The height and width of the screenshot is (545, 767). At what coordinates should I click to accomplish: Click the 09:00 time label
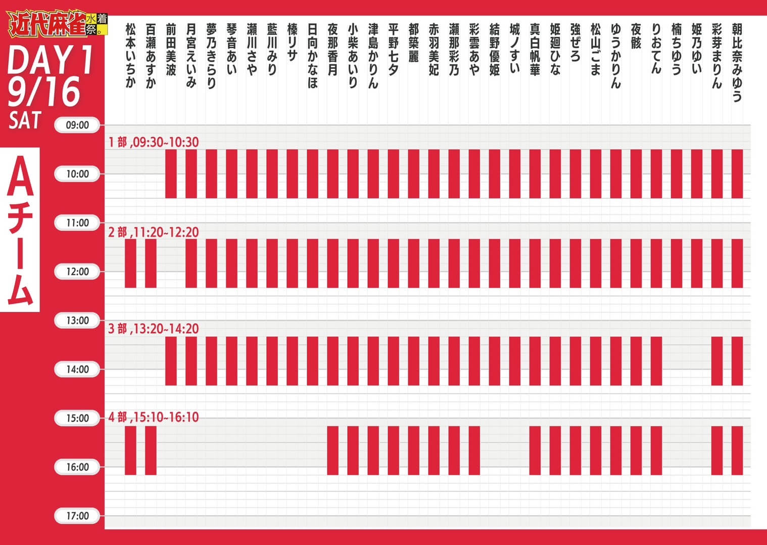tap(77, 125)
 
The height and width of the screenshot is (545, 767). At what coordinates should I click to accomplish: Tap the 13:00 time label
tap(77, 321)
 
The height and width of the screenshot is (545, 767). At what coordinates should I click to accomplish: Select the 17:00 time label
tap(77, 516)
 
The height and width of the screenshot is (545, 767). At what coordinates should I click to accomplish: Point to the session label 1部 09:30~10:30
tap(153, 142)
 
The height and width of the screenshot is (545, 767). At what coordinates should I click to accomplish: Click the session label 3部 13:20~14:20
tap(153, 329)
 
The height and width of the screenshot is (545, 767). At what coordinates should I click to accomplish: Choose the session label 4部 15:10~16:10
tap(153, 417)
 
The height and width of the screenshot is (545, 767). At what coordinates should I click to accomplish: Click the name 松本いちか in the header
tap(130, 55)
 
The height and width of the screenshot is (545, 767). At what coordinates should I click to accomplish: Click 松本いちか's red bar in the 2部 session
tap(130, 263)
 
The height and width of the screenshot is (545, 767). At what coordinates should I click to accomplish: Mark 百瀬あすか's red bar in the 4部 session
tap(151, 450)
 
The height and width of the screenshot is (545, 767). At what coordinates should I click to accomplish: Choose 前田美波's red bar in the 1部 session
tap(171, 173)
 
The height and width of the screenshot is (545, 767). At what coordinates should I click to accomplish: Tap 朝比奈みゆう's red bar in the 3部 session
tap(737, 361)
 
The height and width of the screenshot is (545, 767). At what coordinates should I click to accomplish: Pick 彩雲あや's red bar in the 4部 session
tap(474, 450)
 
